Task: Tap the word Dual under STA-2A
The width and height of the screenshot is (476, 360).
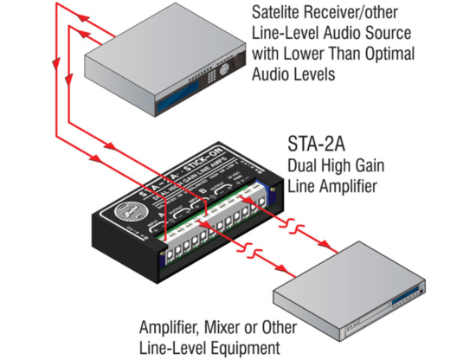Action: pos(302,164)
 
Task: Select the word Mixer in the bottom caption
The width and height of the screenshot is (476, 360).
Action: pos(228,330)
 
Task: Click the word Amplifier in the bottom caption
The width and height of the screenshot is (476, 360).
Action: pos(171,330)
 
